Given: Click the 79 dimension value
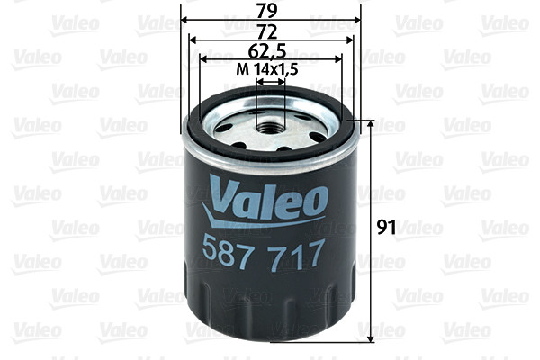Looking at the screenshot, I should coord(271,10).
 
